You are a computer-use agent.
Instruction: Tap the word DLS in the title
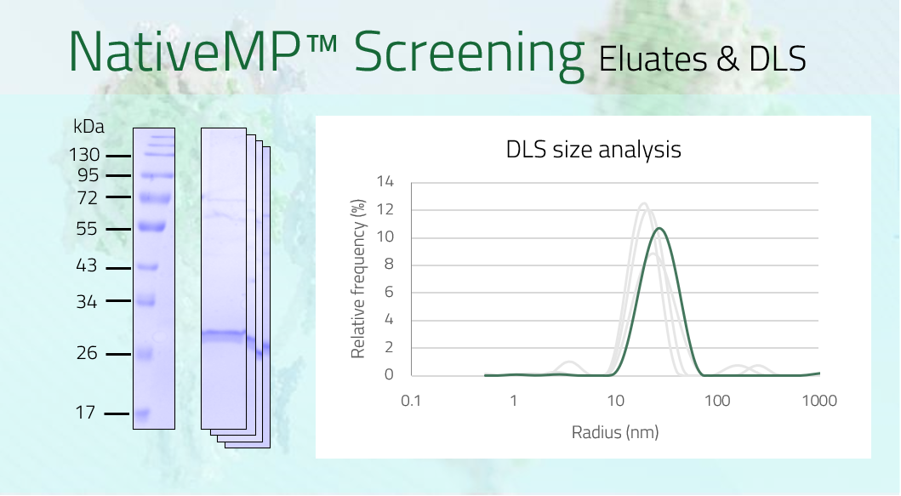coord(778,60)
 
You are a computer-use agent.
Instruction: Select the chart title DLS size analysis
coord(594,150)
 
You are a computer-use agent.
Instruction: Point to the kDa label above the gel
coord(88,127)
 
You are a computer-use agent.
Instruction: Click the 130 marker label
coord(84,155)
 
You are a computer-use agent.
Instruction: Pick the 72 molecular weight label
coord(88,198)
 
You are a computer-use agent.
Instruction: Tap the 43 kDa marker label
coord(87,265)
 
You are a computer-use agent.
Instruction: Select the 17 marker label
coord(85,413)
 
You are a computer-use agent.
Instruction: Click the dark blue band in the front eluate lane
coord(224,334)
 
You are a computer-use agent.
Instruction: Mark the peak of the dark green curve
coord(659,229)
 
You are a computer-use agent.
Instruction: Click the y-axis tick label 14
coord(385,181)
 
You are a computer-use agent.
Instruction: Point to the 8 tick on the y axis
coord(389,265)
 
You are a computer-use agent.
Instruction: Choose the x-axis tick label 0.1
coord(411,401)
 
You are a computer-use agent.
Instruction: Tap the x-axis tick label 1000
coord(819,401)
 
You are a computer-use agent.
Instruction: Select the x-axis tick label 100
coord(717,401)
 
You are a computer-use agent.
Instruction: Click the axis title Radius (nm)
coord(615,432)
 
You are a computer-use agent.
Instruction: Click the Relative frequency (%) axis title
coord(358,279)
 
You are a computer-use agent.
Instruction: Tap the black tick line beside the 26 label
coord(117,354)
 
